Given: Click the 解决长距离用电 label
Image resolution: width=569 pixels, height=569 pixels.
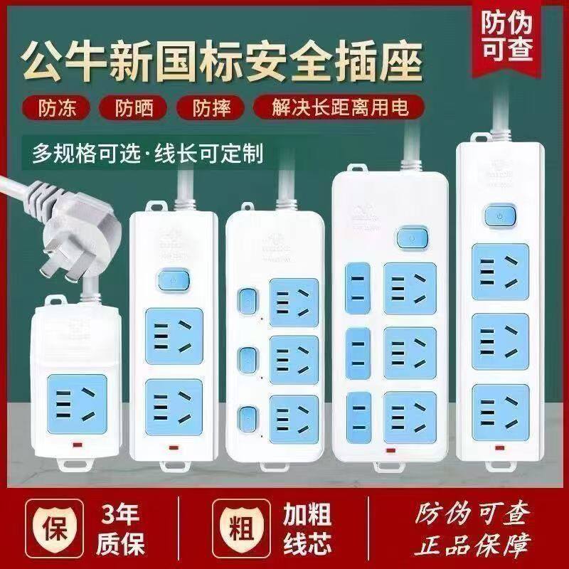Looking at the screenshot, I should [x=337, y=108].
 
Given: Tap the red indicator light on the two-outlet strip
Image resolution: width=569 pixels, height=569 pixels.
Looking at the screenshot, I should [x=174, y=448].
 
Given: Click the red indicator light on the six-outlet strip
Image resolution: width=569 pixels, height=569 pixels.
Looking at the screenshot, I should [x=389, y=450].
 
